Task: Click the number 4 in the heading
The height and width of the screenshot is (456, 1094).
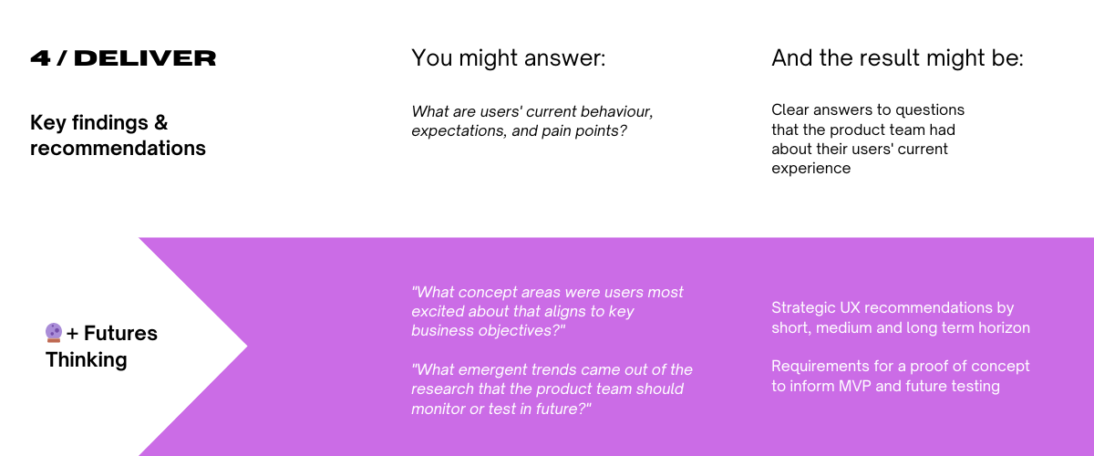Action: pos(40,58)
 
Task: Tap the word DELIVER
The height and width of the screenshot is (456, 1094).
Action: pos(145,58)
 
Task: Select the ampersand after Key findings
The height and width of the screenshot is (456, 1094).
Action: pos(161,122)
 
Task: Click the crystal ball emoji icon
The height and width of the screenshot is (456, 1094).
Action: pos(54,332)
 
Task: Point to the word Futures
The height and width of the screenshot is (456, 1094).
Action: pos(120,333)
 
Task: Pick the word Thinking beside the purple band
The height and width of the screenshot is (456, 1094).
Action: pos(87,360)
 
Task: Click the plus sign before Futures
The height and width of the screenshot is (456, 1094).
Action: pos(72,334)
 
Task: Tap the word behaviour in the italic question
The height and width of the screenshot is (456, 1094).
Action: pos(617,111)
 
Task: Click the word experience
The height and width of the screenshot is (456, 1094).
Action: pos(811,169)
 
